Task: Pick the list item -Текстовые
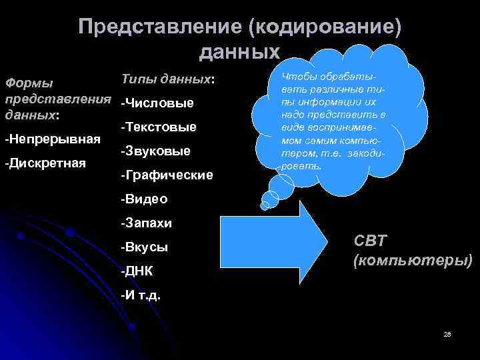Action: (x=159, y=127)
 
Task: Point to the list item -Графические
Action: (x=167, y=175)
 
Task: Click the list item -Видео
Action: (x=144, y=199)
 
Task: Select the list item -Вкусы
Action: (x=144, y=247)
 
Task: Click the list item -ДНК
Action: (x=137, y=271)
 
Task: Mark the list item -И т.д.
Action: (x=141, y=294)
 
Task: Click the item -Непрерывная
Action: (x=52, y=139)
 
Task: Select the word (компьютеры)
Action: (x=412, y=260)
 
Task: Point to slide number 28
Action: (x=447, y=333)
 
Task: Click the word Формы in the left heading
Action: (x=29, y=84)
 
